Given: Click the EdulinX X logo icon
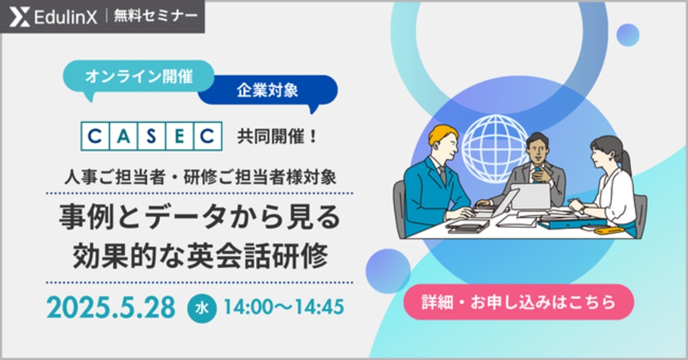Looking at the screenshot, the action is coord(19,17).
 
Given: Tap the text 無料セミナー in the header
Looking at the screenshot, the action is coord(156,16).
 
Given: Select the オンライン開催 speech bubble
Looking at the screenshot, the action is coord(138,78).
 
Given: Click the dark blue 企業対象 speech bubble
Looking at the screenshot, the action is coord(267,91).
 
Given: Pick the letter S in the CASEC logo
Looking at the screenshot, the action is coord(151,136).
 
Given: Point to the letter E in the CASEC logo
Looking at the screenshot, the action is coord(179,136).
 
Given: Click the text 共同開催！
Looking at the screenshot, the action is coord(277,136).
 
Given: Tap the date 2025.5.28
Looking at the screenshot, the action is coord(111,308).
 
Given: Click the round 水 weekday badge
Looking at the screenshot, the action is coord(202,308).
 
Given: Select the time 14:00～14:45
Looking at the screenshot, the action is coord(284,307).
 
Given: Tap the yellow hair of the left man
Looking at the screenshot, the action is coord(442,134).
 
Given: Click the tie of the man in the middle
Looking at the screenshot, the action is coord(537,172).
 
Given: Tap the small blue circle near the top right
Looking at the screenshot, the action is coord(628,35).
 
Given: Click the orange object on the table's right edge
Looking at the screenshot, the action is coord(609,230).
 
